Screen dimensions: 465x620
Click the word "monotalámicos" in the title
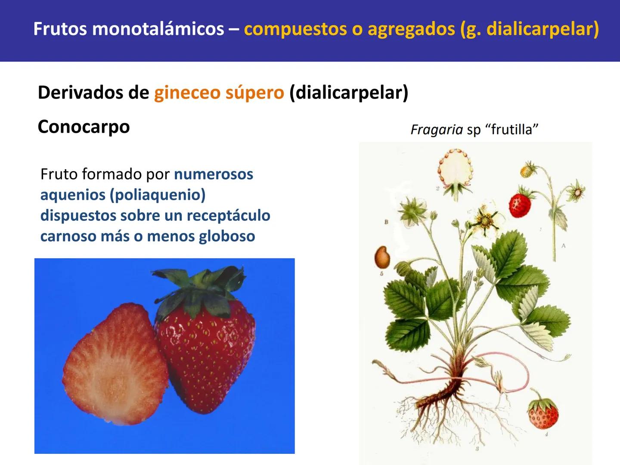(158, 29)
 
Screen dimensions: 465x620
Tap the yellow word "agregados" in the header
(411, 29)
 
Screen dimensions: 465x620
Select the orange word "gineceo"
(186, 93)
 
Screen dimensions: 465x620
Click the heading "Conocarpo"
(84, 127)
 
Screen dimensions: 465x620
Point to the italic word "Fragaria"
(437, 130)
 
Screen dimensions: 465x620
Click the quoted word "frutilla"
(511, 130)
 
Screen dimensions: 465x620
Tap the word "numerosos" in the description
(213, 174)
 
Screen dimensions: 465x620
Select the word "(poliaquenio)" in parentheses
(158, 195)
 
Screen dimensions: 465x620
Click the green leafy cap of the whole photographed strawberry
(196, 288)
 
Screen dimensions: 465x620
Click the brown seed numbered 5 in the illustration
(382, 257)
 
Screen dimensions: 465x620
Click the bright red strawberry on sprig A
(521, 205)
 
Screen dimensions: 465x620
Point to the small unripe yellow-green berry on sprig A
(527, 170)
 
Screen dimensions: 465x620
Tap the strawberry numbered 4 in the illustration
(543, 413)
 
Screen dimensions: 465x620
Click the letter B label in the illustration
(386, 222)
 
